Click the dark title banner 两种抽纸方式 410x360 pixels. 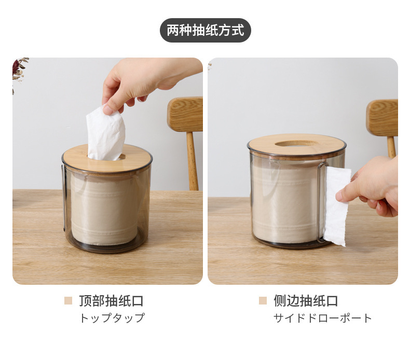pyautogui.click(x=206, y=30)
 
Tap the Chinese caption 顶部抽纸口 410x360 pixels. pyautogui.click(x=112, y=301)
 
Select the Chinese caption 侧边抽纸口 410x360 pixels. pyautogui.click(x=306, y=301)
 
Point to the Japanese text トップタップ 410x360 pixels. pyautogui.click(x=112, y=318)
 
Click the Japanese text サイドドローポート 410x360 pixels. pyautogui.click(x=323, y=318)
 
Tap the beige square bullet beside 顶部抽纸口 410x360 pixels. pyautogui.click(x=68, y=301)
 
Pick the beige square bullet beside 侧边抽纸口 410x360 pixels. pyautogui.click(x=263, y=301)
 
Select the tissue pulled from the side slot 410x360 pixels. pyautogui.click(x=337, y=206)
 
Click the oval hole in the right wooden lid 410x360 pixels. pyautogui.click(x=297, y=143)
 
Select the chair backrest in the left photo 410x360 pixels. pyautogui.click(x=185, y=114)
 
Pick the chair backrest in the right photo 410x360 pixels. pyautogui.click(x=382, y=118)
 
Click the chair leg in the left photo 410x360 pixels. pyautogui.click(x=192, y=161)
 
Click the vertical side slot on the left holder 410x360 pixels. pyautogui.click(x=64, y=198)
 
